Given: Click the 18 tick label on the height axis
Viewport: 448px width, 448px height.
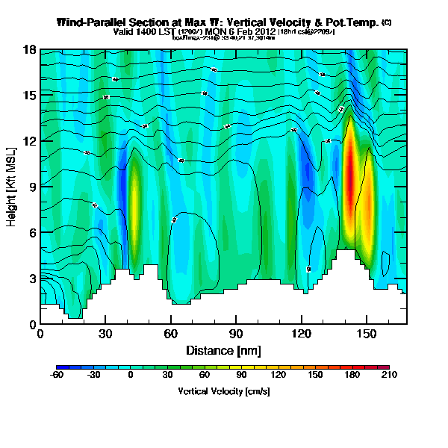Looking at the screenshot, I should (x=29, y=50).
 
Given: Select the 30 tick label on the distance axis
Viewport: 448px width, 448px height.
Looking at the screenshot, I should (x=105, y=334).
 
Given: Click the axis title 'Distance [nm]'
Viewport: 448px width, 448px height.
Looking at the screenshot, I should (x=223, y=349).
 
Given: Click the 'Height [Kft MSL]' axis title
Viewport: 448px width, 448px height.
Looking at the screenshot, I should (x=12, y=187).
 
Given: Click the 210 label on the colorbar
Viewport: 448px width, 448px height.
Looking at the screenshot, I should (x=389, y=375).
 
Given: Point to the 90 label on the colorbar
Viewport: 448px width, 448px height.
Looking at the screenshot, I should (x=242, y=375).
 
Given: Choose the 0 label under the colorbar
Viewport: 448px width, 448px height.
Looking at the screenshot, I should (x=131, y=375).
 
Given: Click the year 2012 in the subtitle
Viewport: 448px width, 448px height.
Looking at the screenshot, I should (x=262, y=32).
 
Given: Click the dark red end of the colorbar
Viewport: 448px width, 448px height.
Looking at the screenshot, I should (x=385, y=367).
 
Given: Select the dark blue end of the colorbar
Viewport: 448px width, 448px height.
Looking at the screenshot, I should (x=60, y=367).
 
